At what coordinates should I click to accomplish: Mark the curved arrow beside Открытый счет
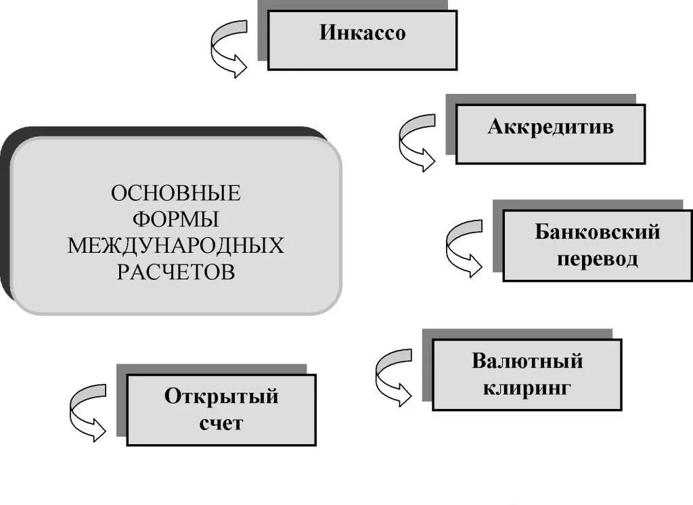[x=89, y=412]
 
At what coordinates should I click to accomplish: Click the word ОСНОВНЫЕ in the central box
[x=175, y=194]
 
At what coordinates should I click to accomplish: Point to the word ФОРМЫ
[x=175, y=220]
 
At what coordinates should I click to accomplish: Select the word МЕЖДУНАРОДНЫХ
[x=175, y=245]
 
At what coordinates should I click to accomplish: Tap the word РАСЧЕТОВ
[x=175, y=271]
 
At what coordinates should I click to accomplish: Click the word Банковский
[x=597, y=232]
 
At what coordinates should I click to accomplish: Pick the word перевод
[x=597, y=259]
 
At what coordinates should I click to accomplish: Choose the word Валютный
[x=527, y=360]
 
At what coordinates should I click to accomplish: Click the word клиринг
[x=527, y=387]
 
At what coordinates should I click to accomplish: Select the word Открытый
[x=221, y=396]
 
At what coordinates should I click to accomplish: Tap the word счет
[x=221, y=424]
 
